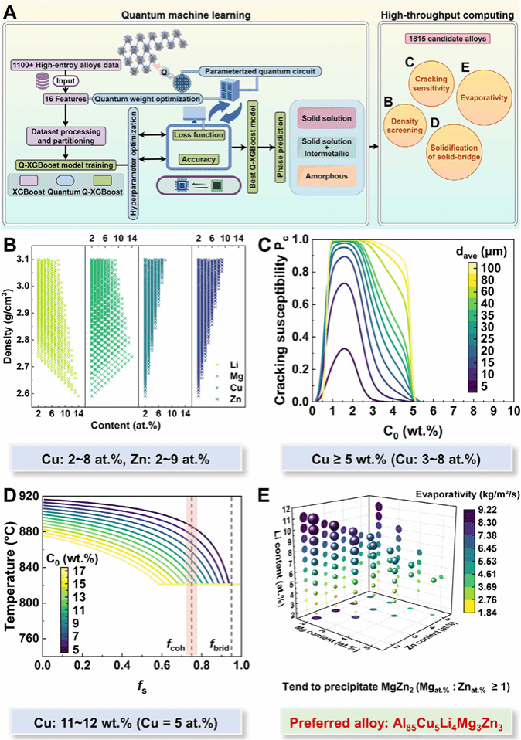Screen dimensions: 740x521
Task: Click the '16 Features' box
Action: click(x=63, y=100)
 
